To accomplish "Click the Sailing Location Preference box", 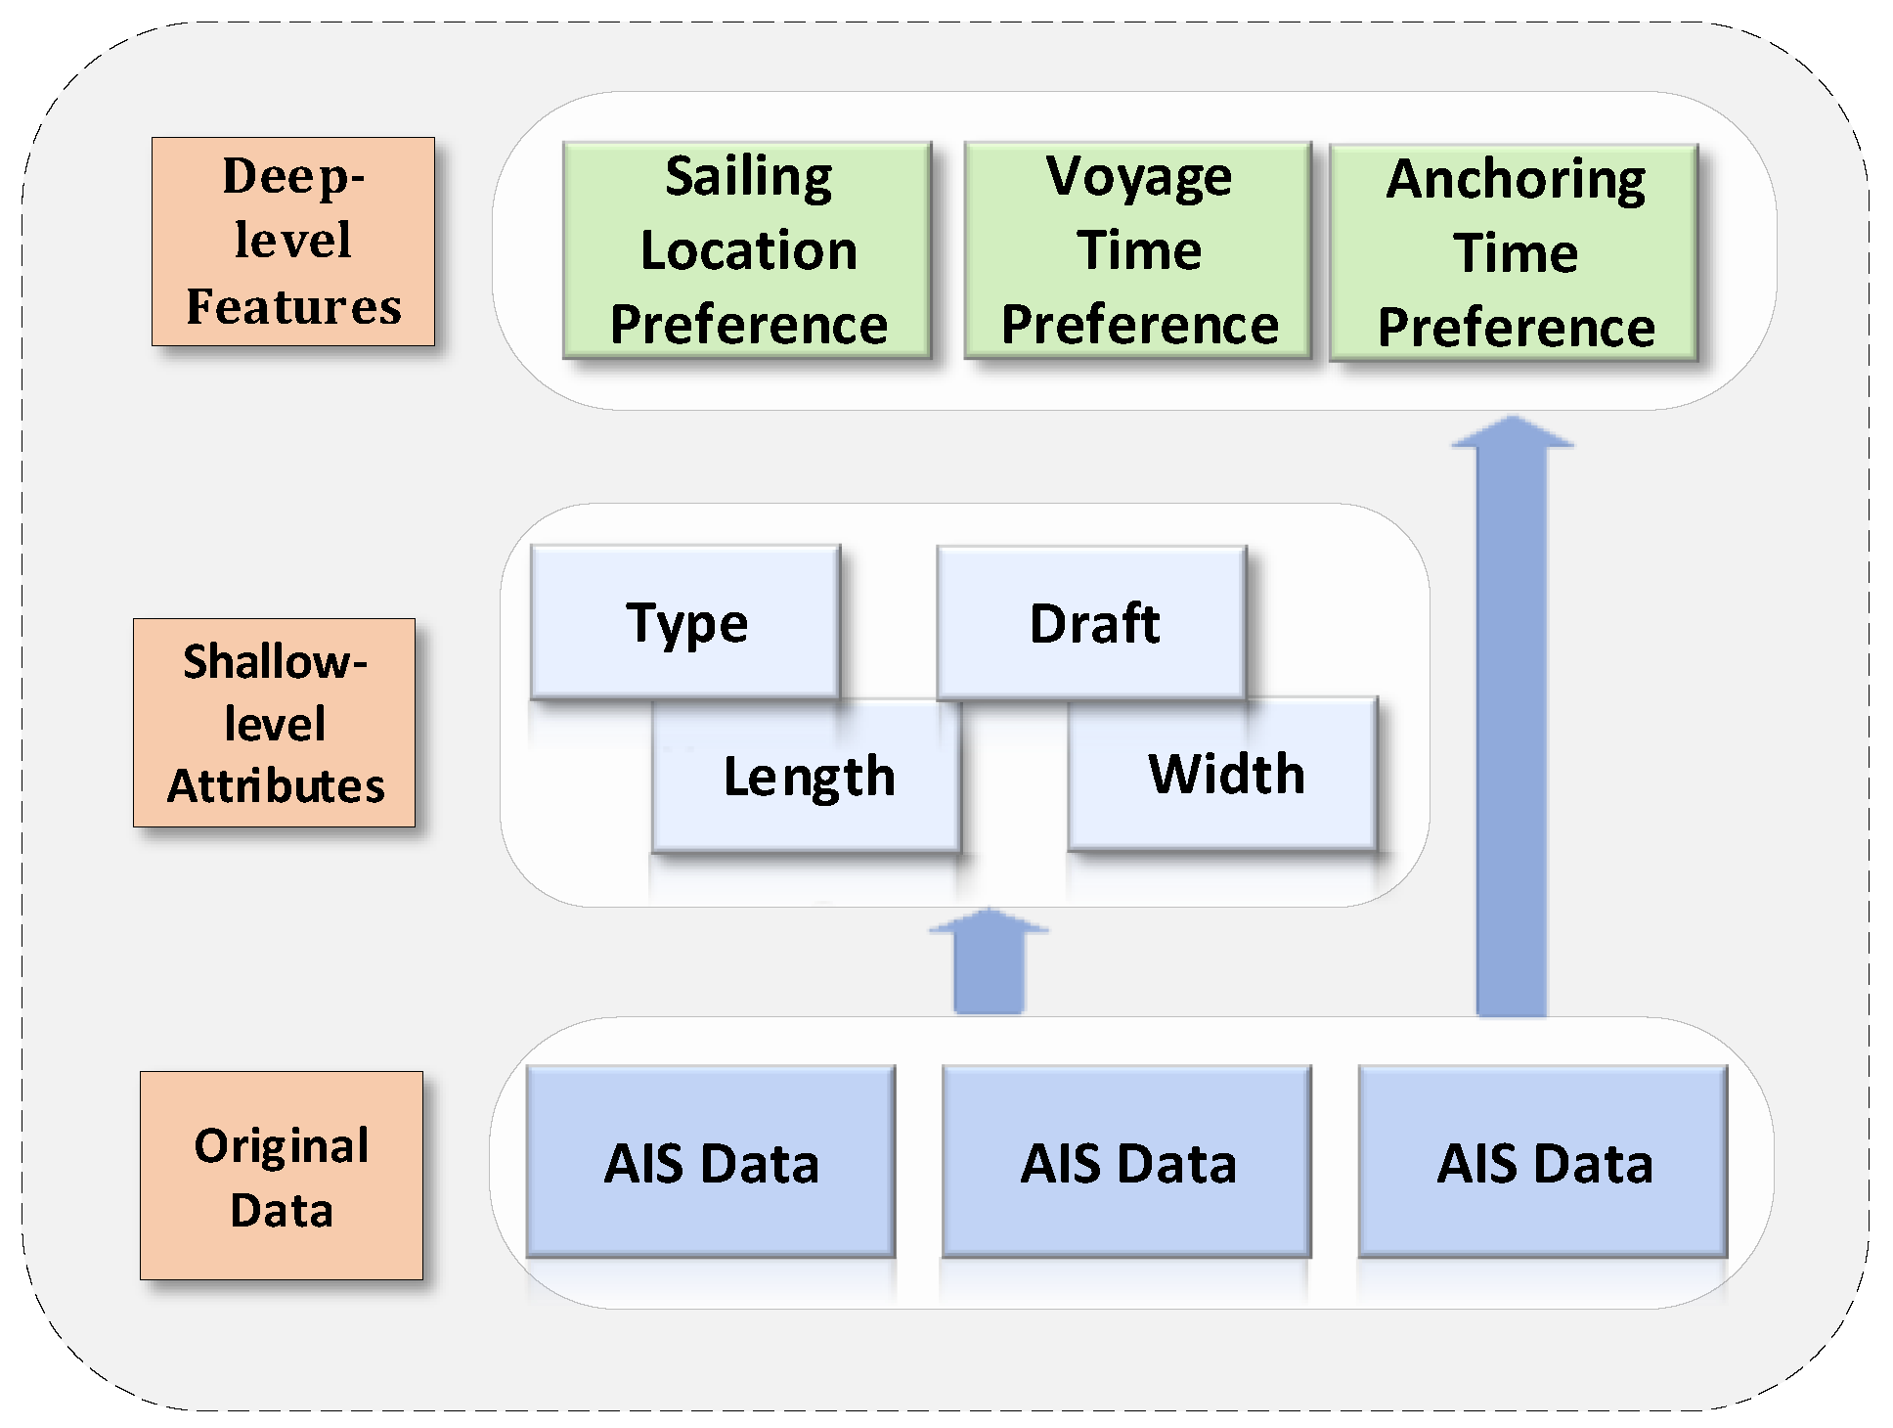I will click(747, 250).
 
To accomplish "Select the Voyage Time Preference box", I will click(1138, 250).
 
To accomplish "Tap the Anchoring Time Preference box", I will click(1514, 252).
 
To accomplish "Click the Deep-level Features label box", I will click(292, 242).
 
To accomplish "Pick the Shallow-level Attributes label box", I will click(275, 723).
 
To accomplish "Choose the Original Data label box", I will click(282, 1176).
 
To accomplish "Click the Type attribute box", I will click(685, 622).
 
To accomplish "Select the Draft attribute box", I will click(1092, 623).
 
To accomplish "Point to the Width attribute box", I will click(1224, 775).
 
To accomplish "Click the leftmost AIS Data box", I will click(711, 1162).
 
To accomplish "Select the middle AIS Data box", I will click(1126, 1162).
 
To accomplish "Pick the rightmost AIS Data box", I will click(1543, 1162).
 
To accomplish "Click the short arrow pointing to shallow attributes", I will click(989, 963).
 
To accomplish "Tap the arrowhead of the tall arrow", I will click(1512, 432).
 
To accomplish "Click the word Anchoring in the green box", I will click(1516, 180).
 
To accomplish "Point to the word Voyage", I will click(1138, 177).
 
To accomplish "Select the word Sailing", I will click(748, 177).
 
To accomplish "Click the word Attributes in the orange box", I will click(276, 786).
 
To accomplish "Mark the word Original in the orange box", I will click(282, 1145).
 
